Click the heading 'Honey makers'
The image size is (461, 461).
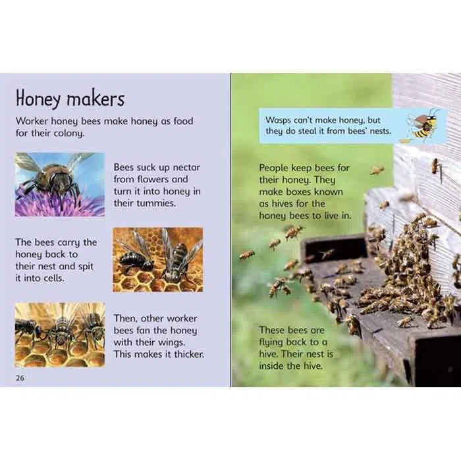[70, 99]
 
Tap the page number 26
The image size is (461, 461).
[20, 377]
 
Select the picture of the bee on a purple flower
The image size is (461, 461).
[60, 184]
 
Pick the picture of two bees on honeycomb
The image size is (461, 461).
[157, 259]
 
